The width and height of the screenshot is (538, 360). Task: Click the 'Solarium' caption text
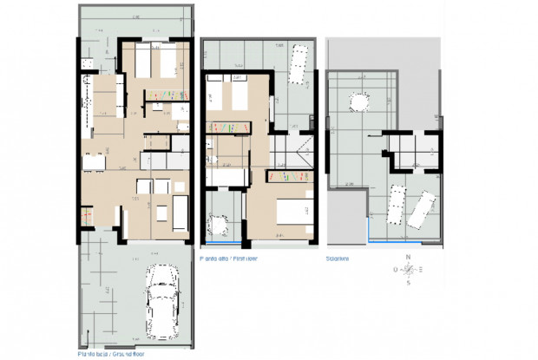point(337,258)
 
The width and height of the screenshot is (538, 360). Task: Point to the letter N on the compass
point(408,257)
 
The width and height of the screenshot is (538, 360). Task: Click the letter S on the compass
point(408,283)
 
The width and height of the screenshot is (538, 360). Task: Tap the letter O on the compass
point(396,270)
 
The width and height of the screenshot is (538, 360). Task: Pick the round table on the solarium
point(356,102)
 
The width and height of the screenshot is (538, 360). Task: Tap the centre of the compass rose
point(408,270)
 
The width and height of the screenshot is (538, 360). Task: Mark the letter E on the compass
point(420,270)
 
